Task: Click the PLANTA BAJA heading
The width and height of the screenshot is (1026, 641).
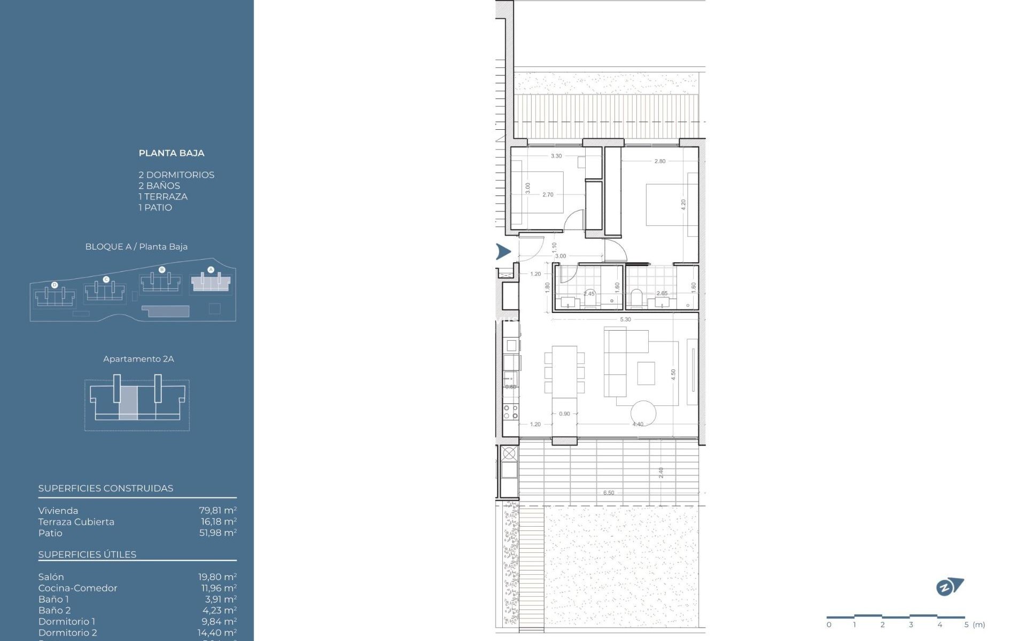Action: [171, 153]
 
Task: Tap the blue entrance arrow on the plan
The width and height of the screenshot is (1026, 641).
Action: [503, 251]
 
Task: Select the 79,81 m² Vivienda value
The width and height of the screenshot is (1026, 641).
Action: [217, 511]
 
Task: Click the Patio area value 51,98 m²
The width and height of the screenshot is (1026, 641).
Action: [217, 533]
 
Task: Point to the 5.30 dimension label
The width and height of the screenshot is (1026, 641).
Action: [625, 319]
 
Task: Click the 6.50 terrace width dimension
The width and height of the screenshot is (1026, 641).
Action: [609, 493]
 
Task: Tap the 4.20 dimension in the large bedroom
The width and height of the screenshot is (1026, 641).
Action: [683, 205]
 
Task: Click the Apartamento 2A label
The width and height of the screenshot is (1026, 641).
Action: [138, 359]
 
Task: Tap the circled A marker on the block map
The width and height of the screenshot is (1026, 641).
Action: [211, 270]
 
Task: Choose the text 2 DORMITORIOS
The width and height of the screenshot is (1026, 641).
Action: [176, 175]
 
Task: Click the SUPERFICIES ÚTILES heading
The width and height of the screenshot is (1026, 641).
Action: [87, 554]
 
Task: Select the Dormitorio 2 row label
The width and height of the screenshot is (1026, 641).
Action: [67, 632]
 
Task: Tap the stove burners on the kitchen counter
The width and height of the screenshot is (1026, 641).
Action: [511, 411]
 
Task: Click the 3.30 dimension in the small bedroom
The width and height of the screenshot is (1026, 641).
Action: [556, 156]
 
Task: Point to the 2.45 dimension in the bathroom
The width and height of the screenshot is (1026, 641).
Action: [589, 293]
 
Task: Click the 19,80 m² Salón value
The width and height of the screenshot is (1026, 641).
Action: [217, 577]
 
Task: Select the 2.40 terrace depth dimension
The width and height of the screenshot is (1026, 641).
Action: [661, 472]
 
